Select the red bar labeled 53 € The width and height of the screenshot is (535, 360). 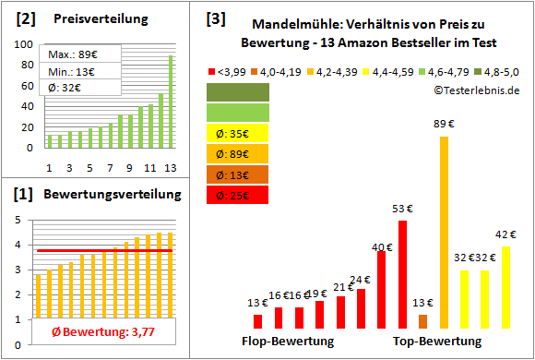tap(402, 274)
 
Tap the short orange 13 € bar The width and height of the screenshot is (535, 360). tap(423, 321)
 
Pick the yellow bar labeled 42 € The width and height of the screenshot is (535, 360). tap(505, 287)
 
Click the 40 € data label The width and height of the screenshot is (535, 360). tap(380, 246)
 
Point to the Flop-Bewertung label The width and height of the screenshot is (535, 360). tap(288, 342)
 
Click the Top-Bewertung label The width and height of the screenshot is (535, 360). tap(437, 342)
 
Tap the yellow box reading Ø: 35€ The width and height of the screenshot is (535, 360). tap(239, 133)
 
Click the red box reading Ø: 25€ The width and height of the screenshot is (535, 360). tap(239, 194)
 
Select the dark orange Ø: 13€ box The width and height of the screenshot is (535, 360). tap(239, 174)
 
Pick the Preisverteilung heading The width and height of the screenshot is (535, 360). tap(91, 18)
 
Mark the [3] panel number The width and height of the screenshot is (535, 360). tap(215, 18)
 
